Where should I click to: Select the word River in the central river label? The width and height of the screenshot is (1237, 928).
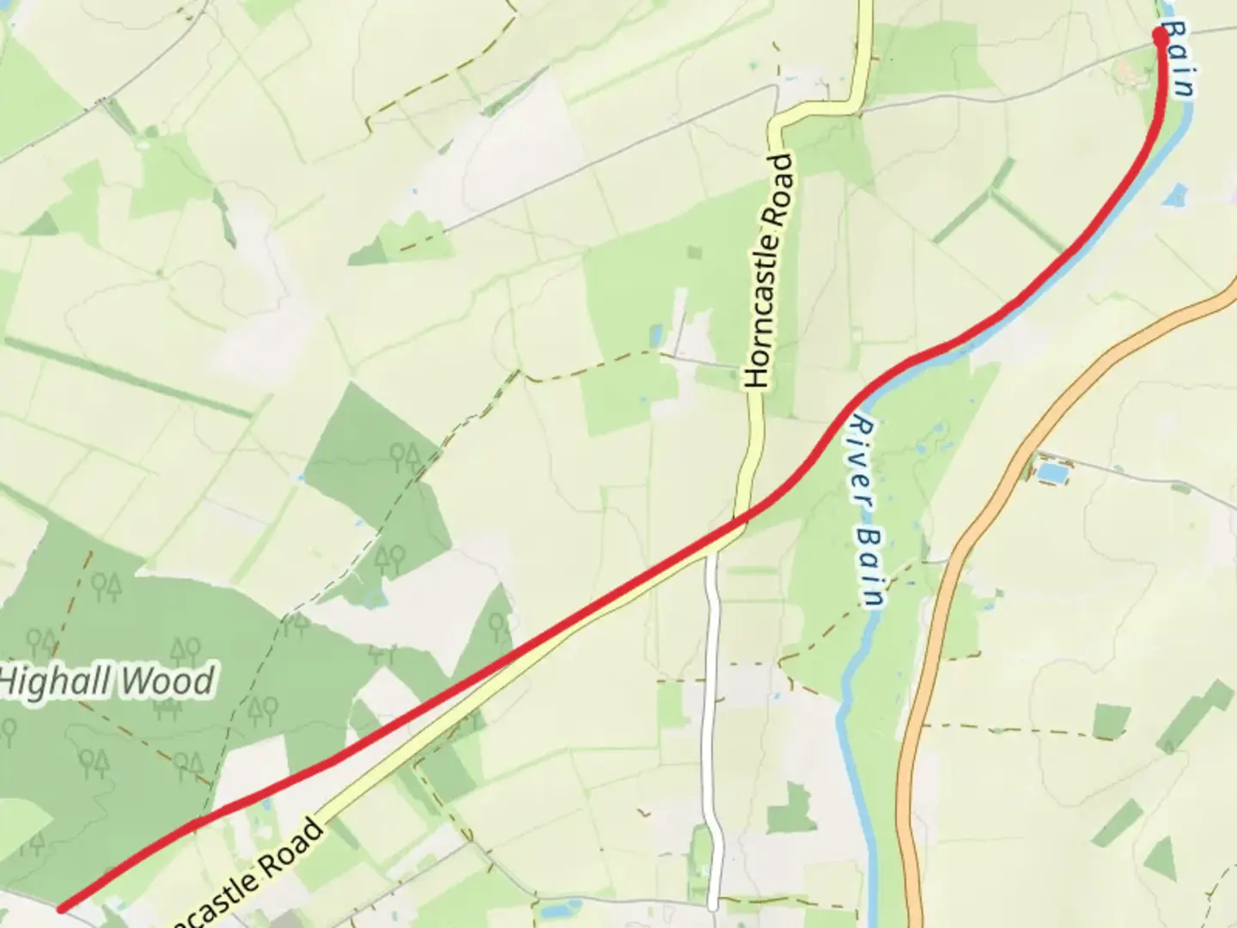[859, 460]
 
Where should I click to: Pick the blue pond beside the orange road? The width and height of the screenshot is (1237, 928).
[1051, 471]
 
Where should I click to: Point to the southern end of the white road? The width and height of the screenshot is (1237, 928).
[712, 905]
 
